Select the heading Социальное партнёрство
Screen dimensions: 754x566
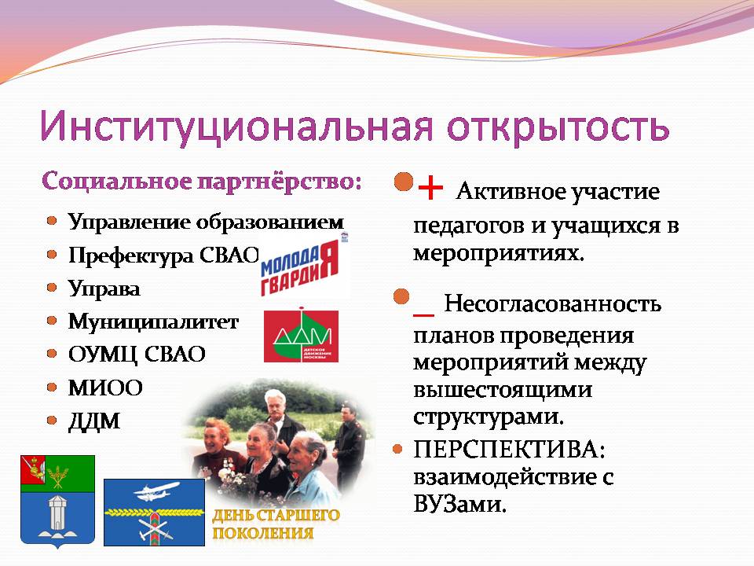point(202,182)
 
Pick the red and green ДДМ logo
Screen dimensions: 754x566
point(301,336)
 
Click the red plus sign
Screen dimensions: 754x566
point(430,188)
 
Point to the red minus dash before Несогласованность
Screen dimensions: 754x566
point(423,315)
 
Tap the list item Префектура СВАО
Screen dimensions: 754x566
point(163,255)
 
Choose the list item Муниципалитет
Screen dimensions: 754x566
point(153,322)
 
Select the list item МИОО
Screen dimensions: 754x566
point(105,388)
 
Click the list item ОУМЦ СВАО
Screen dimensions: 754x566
point(137,355)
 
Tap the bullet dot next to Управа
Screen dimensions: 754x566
point(52,288)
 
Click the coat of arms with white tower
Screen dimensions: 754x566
point(57,501)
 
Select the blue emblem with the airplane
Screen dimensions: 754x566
point(155,512)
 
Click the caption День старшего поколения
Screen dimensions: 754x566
point(276,524)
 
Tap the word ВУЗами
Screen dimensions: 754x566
point(460,505)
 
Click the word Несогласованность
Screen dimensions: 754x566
point(552,303)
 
